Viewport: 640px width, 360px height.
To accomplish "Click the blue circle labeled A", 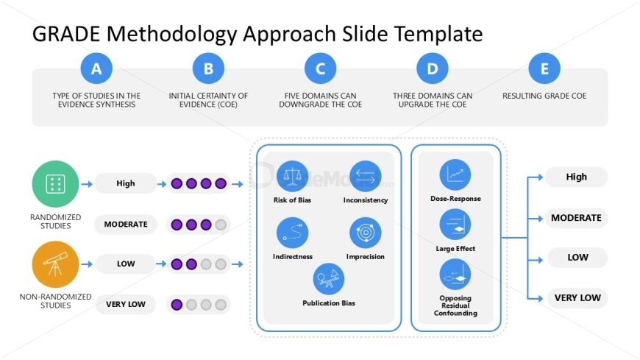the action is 96,68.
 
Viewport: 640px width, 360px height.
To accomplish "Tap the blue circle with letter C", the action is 321,68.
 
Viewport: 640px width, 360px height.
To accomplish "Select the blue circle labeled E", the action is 544,68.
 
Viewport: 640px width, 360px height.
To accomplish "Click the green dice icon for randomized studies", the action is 55,184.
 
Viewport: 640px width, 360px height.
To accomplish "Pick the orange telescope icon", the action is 55,264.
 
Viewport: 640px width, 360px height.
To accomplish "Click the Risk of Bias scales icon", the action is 292,177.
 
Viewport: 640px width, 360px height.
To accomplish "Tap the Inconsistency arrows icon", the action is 366,177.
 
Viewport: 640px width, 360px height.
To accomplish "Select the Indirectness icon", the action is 292,233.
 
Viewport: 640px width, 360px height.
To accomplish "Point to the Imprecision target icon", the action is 366,233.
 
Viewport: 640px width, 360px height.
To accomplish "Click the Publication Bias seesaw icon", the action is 329,279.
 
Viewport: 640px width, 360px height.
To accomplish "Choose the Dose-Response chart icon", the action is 455,175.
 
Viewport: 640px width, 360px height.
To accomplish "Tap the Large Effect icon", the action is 455,225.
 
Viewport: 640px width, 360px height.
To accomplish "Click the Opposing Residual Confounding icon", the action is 455,275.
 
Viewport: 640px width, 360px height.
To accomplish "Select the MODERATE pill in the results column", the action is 576,218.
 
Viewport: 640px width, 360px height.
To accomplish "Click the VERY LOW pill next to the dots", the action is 126,305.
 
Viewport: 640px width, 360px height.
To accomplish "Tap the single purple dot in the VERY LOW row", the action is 177,305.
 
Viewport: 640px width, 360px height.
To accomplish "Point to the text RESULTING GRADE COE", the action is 544,96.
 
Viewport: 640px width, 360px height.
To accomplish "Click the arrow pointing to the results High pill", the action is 535,177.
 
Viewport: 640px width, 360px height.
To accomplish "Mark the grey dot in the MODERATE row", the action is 221,225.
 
